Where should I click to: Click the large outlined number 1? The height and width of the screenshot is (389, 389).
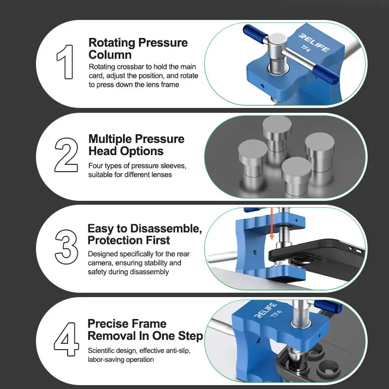[65, 62]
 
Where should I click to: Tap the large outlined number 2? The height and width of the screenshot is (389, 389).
[66, 154]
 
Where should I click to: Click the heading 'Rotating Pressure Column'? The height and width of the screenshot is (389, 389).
[138, 48]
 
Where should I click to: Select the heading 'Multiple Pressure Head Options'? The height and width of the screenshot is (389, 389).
[136, 145]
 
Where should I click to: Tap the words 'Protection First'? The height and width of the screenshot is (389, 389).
[129, 240]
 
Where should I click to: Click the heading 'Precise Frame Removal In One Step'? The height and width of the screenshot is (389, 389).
[145, 330]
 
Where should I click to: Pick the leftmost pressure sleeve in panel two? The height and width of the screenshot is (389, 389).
[252, 157]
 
